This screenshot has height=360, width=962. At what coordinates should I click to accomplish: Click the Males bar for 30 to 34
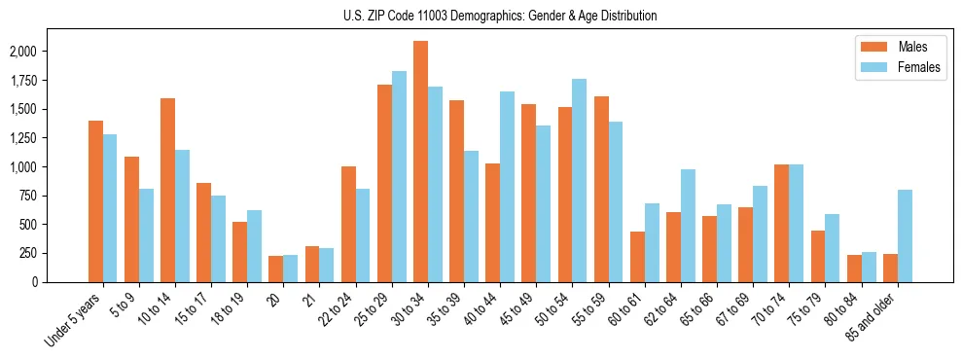[x=420, y=162]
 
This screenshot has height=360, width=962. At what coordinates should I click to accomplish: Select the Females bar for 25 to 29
[x=399, y=176]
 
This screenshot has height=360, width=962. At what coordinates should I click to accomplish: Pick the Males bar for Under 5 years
[x=95, y=201]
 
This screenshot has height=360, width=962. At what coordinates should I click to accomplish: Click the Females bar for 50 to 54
[x=580, y=180]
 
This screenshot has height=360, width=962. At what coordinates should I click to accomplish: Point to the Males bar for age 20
[x=276, y=269]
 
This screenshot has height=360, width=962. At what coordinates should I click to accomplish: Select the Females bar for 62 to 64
[x=688, y=226]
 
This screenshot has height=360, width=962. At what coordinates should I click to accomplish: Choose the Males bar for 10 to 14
[x=167, y=190]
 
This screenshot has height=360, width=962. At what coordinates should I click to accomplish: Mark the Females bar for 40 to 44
[x=507, y=187]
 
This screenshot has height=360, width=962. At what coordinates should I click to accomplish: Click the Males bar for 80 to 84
[x=854, y=269]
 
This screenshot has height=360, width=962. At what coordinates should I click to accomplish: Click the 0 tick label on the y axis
[x=60, y=282]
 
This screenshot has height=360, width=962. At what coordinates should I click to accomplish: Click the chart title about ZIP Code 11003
[x=500, y=16]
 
